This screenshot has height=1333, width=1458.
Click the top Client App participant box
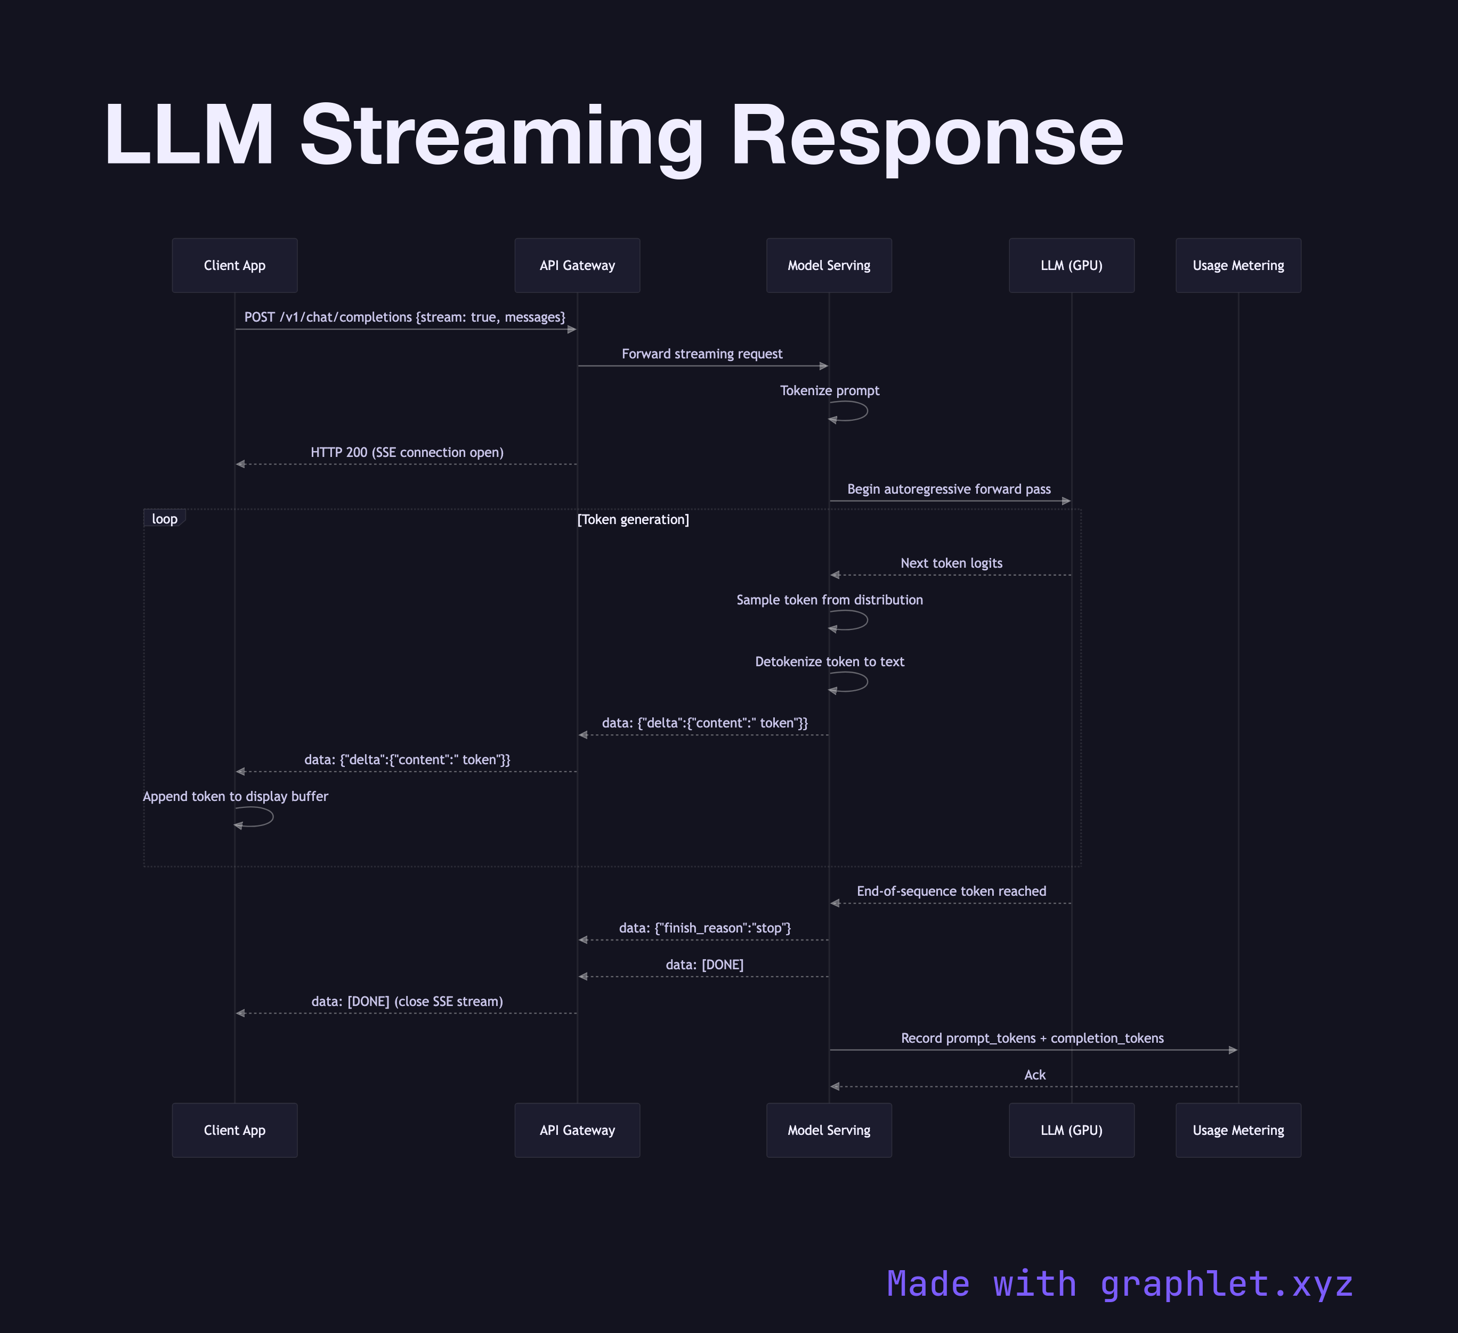[234, 265]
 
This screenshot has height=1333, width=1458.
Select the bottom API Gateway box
[577, 1130]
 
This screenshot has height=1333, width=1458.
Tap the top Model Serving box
[829, 265]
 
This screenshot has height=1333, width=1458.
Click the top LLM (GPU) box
[1071, 265]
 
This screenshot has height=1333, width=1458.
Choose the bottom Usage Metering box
[1238, 1130]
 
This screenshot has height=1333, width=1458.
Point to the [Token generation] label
[633, 519]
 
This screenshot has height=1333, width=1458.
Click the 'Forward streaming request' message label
[701, 354]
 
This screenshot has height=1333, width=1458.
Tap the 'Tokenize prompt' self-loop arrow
[858, 411]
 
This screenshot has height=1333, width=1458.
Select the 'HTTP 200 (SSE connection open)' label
[407, 452]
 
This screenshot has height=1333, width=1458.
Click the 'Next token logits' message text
[951, 562]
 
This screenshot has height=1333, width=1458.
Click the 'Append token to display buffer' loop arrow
[263, 817]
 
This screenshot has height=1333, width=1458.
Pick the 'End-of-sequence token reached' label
[951, 890]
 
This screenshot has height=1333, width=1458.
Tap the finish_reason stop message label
[704, 928]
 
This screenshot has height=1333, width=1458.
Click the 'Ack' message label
[1034, 1074]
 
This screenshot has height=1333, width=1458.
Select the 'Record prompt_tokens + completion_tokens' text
[1032, 1037]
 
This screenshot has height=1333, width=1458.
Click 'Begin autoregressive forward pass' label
[949, 489]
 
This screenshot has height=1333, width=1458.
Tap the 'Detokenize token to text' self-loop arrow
[858, 682]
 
